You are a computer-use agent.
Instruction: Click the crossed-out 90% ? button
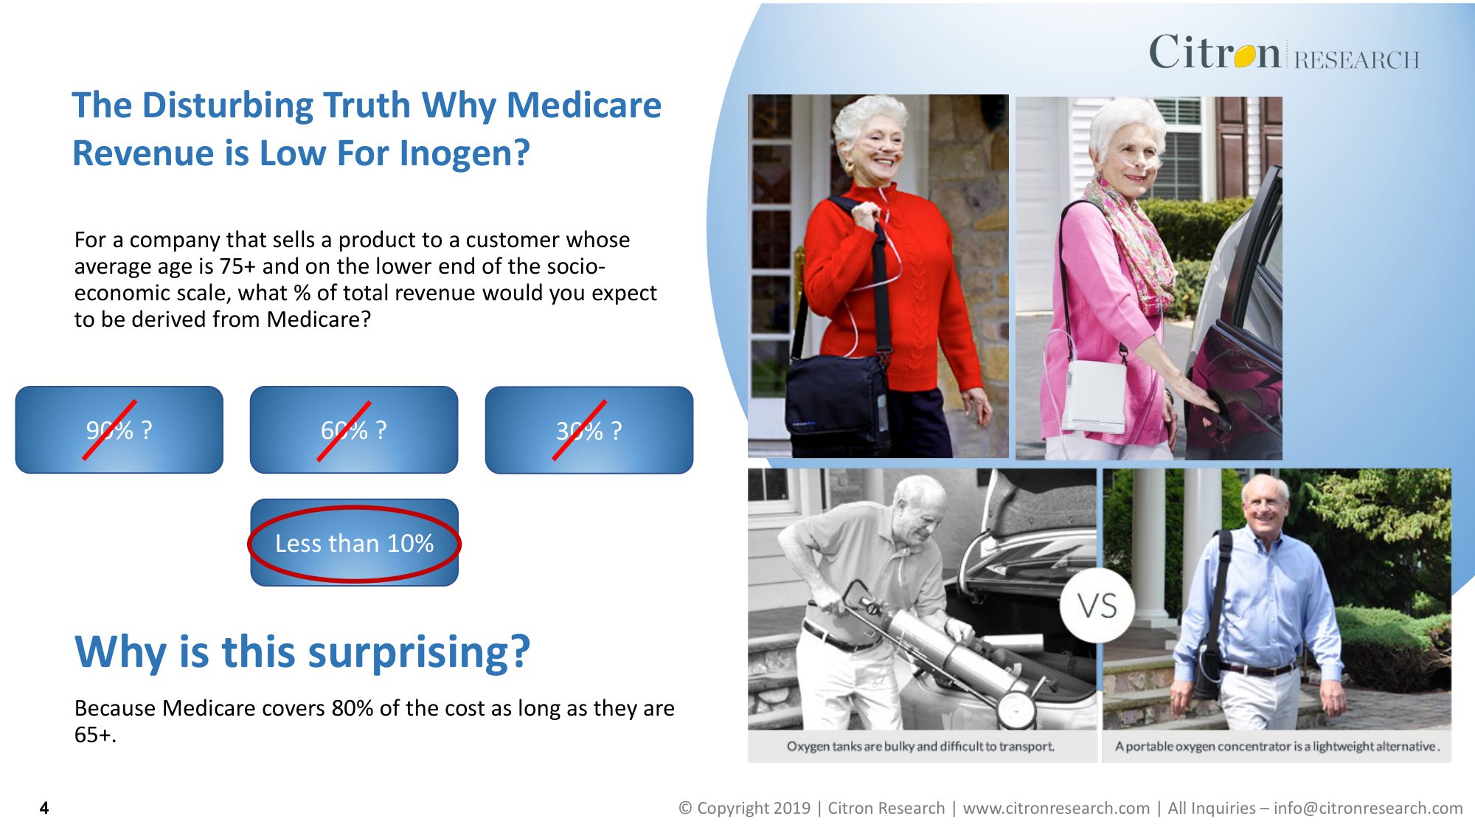119,429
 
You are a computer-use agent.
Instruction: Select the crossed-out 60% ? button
354,429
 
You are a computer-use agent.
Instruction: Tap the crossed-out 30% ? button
589,429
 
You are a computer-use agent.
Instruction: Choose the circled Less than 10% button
354,543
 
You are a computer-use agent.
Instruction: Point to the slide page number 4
44,808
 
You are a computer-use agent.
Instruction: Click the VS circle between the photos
1097,606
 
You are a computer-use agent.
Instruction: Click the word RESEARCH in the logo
1357,59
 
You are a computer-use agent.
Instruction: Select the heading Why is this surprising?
302,652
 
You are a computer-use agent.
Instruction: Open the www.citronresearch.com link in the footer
1056,808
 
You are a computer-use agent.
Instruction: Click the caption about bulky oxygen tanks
920,746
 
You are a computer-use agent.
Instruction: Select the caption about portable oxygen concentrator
1277,746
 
